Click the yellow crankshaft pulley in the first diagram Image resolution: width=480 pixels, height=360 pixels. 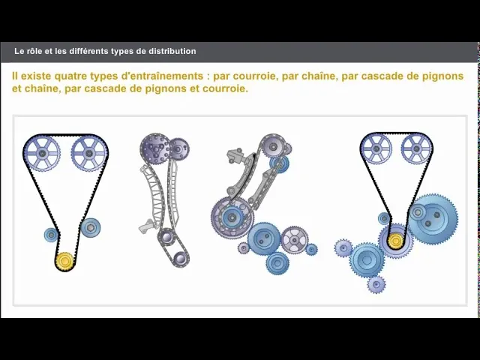coord(64,260)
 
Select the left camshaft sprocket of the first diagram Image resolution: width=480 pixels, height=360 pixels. coord(42,154)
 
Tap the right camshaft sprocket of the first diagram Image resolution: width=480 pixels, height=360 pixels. coord(89,154)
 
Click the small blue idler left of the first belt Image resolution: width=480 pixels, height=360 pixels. coord(51,235)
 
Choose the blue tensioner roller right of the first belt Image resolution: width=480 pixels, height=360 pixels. coord(91,226)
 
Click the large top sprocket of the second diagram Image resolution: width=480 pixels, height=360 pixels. coord(155,148)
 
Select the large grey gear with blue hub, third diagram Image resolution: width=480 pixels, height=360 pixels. coord(232,218)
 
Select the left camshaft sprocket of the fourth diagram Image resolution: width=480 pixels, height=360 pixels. coord(376,148)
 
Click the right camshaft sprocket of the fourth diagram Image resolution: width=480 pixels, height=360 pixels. coord(415,148)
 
